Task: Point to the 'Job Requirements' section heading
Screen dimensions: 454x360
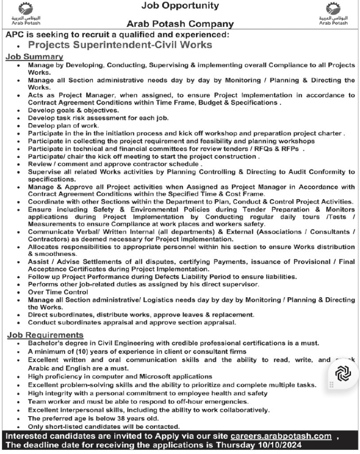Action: [x=45, y=335]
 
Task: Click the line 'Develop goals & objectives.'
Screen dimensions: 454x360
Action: [x=73, y=110]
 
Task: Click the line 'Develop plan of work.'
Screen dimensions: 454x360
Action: [x=63, y=126]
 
